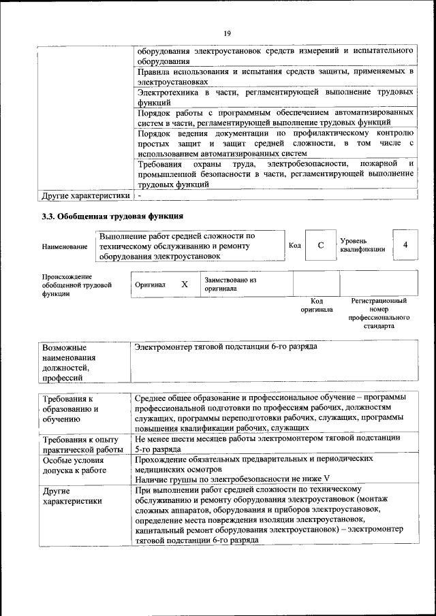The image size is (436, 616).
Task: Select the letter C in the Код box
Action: (320, 246)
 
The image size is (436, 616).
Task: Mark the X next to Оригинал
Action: (184, 285)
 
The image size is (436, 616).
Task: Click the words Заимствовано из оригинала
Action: (229, 284)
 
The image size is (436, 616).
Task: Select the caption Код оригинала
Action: (317, 305)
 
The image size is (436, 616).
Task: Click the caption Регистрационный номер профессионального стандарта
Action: (379, 313)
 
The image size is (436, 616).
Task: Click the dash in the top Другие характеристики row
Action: (139, 195)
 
